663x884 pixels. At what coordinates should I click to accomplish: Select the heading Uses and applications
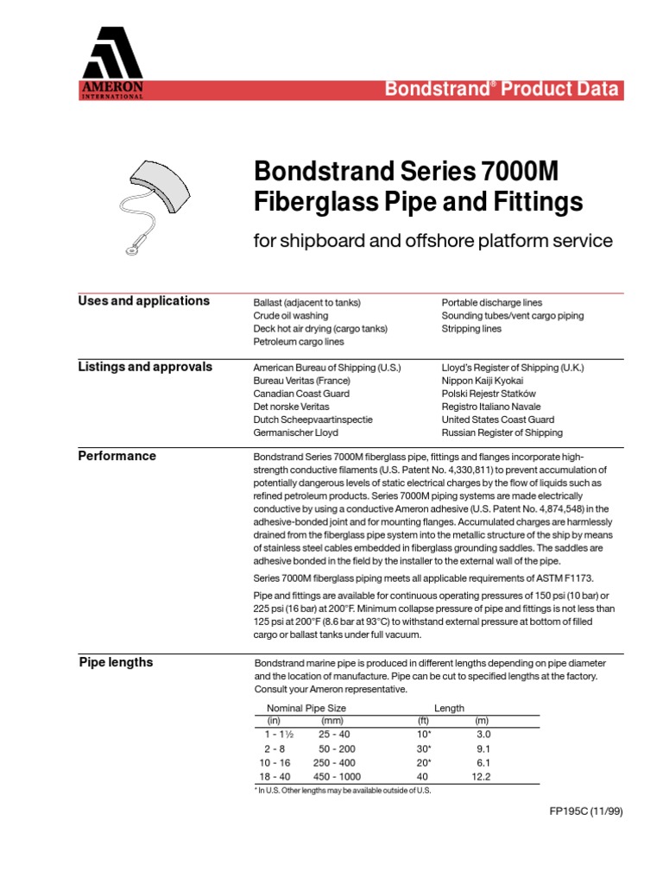tap(143, 301)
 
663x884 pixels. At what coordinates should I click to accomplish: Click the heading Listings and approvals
tap(145, 367)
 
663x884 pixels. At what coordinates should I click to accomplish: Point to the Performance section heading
tap(117, 456)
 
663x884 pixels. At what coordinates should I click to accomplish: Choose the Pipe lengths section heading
tap(116, 662)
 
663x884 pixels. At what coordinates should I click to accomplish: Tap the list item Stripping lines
tap(470, 329)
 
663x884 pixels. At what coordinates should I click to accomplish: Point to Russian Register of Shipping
tap(502, 433)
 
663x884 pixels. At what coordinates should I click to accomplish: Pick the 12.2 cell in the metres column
tap(482, 777)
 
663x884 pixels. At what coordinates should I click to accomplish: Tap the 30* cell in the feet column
tap(424, 748)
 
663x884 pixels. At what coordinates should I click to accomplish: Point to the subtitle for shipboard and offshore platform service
tap(433, 241)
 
